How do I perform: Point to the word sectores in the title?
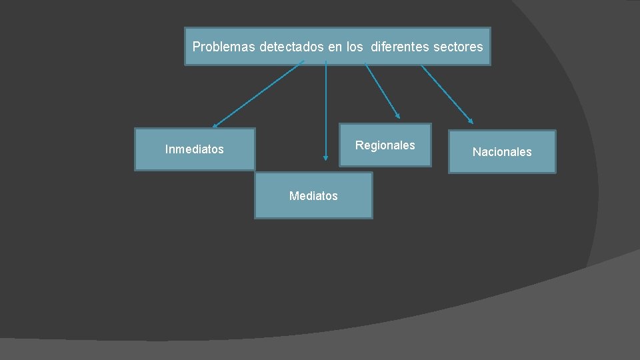click(458, 47)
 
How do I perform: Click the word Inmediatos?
click(195, 149)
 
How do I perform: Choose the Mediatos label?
click(313, 196)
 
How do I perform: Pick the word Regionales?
click(385, 145)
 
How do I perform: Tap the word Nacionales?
click(502, 152)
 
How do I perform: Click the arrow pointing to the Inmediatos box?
click(259, 93)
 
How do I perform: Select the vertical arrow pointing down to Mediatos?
click(326, 110)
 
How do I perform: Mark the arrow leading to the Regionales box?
click(382, 90)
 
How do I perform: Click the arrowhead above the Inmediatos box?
click(215, 125)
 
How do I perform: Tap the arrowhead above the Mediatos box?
click(326, 158)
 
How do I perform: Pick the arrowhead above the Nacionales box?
click(471, 121)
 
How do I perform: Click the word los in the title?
click(355, 47)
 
